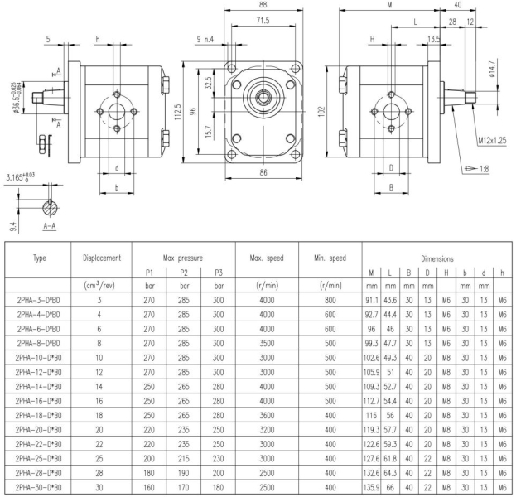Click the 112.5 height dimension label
point(178,112)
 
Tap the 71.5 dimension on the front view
point(263,21)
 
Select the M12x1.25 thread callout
point(492,141)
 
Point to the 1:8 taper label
point(484,169)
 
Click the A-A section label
point(50,226)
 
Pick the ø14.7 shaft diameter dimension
point(492,69)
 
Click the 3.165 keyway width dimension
point(21,177)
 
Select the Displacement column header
point(102,258)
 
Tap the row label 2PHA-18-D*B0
point(38,415)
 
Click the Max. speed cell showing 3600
point(267,415)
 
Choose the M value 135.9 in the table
point(371,487)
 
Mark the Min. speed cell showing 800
point(330,300)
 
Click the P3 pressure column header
point(219,273)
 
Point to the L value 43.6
point(390,300)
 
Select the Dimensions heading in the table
point(437,258)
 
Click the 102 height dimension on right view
point(321,111)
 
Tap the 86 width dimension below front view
point(263,172)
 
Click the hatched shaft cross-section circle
point(50,208)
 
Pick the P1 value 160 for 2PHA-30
point(149,487)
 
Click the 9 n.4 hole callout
point(205,40)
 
